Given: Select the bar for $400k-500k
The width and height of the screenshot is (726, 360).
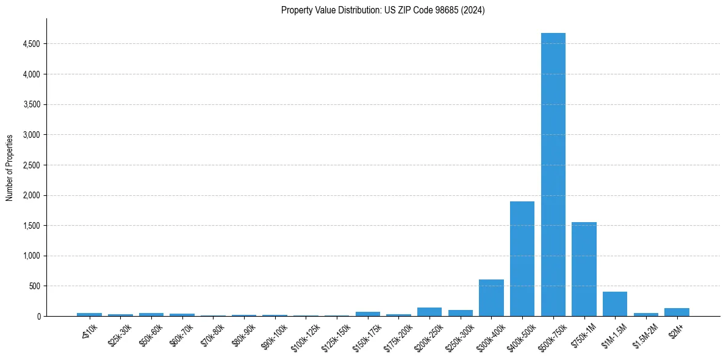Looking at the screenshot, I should pos(522,259).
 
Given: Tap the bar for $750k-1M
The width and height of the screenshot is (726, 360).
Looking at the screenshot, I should pos(584,269).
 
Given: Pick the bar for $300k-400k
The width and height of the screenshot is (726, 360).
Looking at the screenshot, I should pos(491,298).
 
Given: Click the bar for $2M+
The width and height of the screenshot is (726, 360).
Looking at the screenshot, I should pos(677,312).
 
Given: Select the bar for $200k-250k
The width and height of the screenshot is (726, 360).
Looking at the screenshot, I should pos(429,312).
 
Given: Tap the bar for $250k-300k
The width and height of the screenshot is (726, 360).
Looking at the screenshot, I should pos(461,313).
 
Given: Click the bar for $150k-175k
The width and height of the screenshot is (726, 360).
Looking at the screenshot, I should pos(368,314).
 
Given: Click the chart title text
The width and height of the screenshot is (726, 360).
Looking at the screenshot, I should pos(383,10).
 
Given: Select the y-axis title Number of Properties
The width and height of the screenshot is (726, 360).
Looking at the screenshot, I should pos(10,168).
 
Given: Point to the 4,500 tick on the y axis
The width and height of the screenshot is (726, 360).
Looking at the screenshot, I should pos(31,44).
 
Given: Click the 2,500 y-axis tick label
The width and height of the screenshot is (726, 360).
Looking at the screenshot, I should pos(31,165).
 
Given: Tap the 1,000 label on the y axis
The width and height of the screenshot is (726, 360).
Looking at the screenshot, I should pos(31,256).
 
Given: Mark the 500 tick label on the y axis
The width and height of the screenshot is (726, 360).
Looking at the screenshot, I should pos(35,286).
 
